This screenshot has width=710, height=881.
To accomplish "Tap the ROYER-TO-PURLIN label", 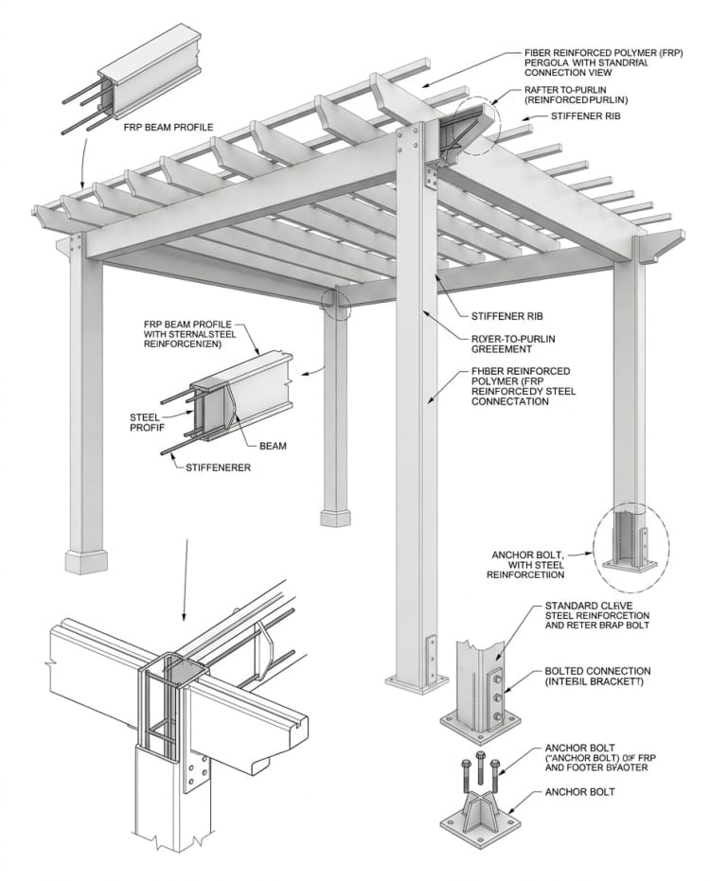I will (511, 338).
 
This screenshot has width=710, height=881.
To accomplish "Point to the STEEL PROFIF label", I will (147, 421).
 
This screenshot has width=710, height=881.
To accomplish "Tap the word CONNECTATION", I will (510, 401).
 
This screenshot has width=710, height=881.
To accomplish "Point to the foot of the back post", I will (337, 517).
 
